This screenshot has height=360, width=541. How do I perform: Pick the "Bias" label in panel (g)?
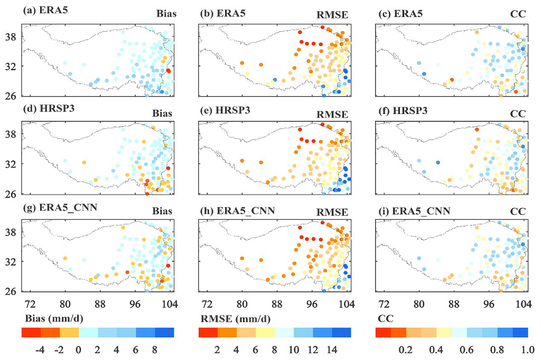(x=162, y=212)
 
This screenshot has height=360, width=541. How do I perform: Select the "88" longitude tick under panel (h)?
(x=276, y=304)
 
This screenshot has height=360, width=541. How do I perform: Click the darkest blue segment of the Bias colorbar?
(x=164, y=332)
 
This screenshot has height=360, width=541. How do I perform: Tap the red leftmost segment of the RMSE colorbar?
(x=208, y=332)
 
